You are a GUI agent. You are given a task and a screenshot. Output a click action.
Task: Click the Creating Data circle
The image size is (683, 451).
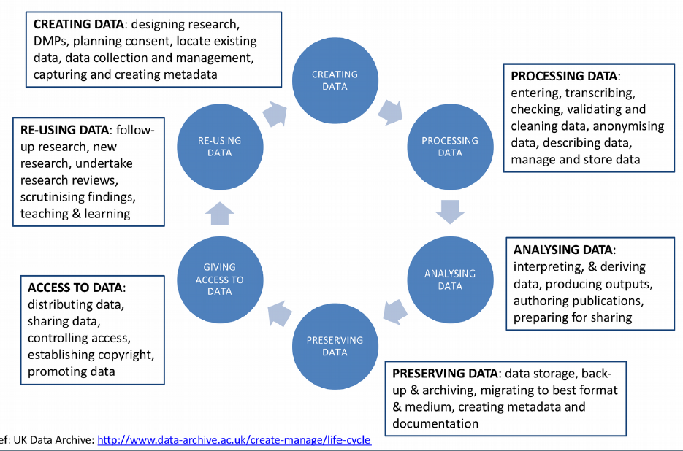tap(335, 80)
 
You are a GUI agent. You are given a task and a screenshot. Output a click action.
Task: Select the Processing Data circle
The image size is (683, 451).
tap(450, 147)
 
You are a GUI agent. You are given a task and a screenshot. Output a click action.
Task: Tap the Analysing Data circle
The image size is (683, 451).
tap(450, 280)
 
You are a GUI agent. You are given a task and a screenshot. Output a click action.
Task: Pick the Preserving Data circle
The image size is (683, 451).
tap(335, 346)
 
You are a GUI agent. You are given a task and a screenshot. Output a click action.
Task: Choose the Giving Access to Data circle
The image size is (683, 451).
tap(219, 280)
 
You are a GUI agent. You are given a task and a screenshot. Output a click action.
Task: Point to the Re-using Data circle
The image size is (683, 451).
tap(219, 147)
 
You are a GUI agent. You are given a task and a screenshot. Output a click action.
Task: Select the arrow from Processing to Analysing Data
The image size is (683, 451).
tap(450, 212)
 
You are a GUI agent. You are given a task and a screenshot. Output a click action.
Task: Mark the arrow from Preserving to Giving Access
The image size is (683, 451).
tap(278, 312)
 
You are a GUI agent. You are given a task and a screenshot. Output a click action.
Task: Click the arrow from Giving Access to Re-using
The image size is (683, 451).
tap(219, 214)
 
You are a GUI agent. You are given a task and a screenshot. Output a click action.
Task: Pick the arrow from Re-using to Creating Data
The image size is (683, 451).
tap(277, 111)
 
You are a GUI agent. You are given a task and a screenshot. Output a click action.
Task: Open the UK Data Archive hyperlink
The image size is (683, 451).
tap(234, 441)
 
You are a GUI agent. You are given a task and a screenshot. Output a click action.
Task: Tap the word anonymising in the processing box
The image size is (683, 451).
tap(628, 126)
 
